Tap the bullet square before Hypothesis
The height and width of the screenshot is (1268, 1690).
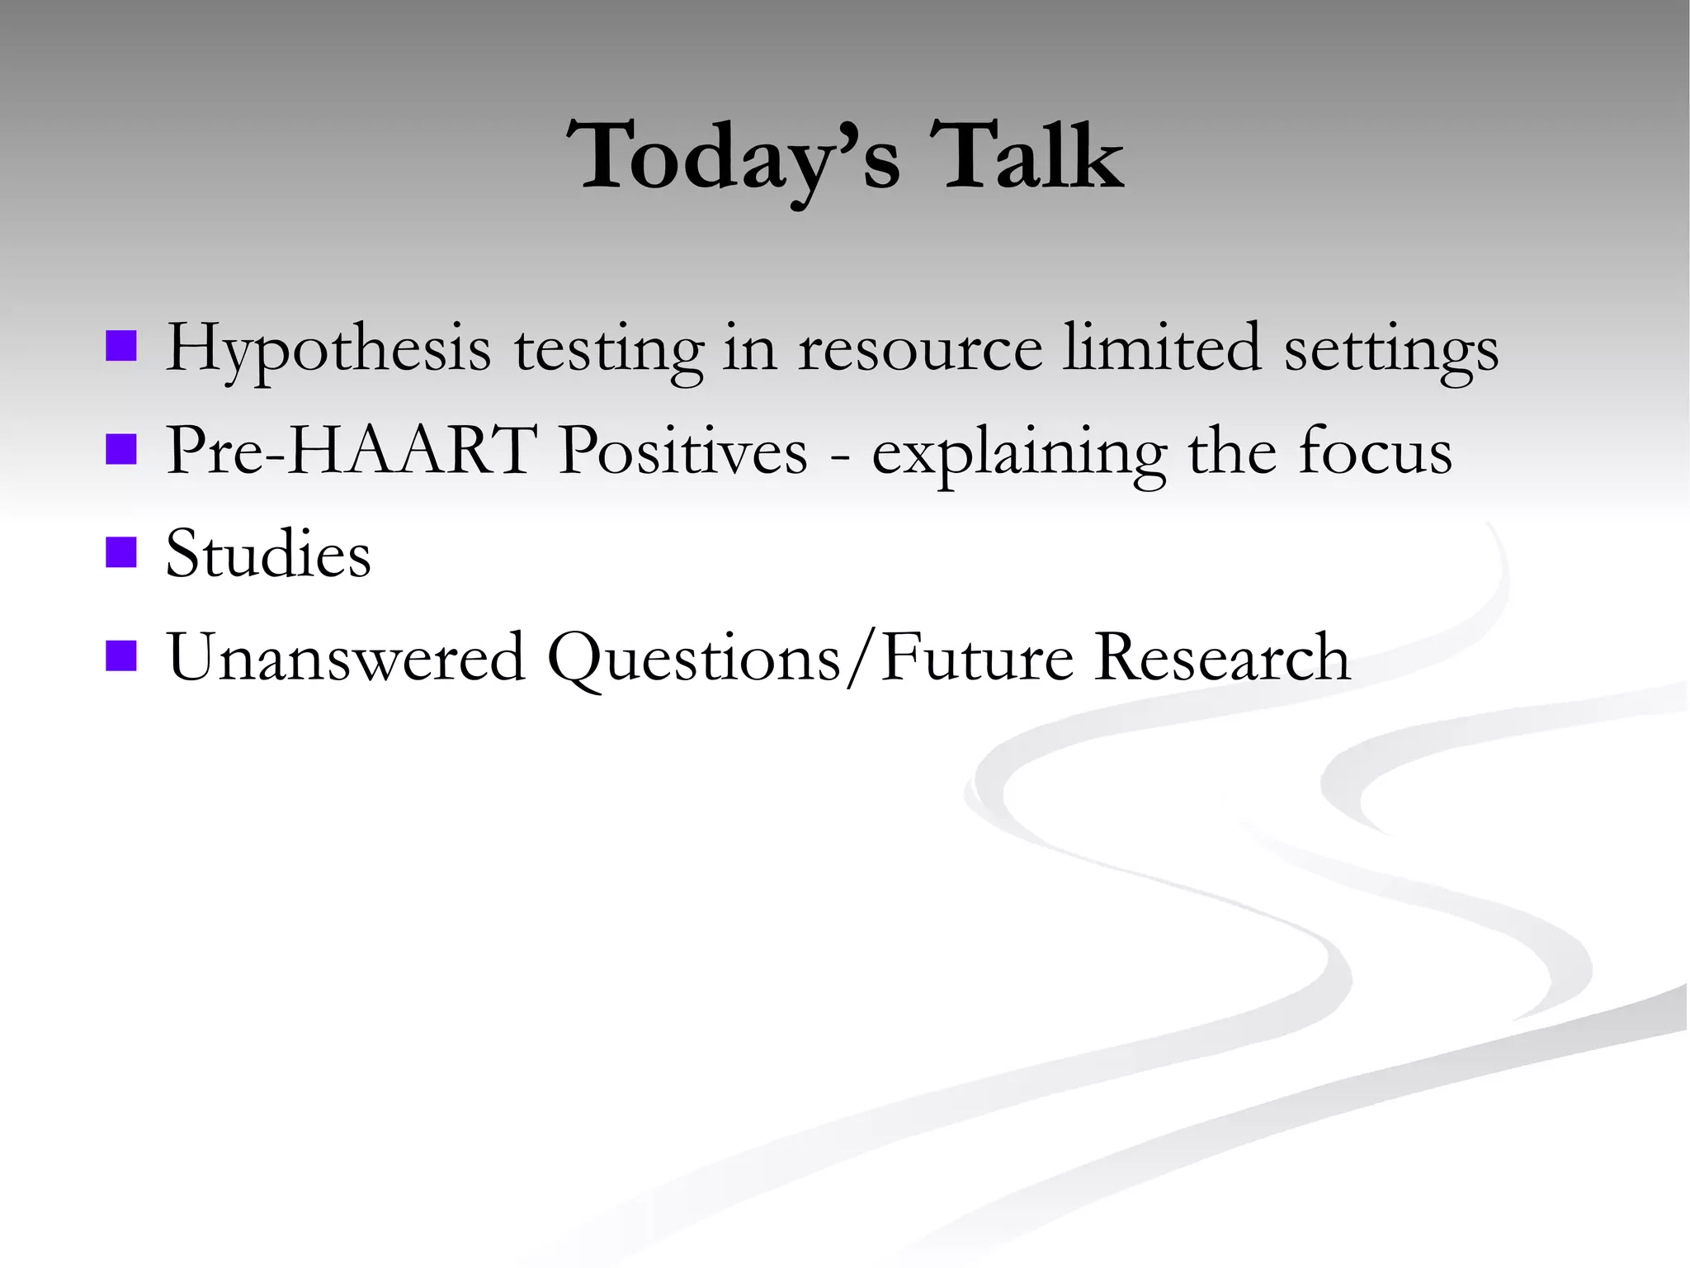(x=121, y=347)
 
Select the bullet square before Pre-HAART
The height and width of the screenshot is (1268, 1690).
(x=121, y=450)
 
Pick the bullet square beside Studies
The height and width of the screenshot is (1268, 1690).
(x=121, y=553)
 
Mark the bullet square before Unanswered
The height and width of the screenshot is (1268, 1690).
(x=121, y=656)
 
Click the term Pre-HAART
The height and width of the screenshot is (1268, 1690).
(x=347, y=451)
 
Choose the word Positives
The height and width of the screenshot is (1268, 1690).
(x=682, y=451)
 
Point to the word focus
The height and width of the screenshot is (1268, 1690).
(x=1375, y=451)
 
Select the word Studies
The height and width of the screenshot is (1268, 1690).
(x=268, y=553)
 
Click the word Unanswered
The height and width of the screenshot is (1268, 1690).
(x=347, y=657)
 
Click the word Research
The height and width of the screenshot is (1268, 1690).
(x=1222, y=657)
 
